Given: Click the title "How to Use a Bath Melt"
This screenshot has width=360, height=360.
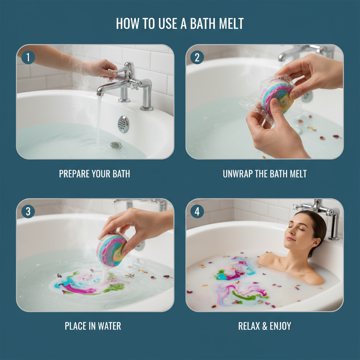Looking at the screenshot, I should (x=180, y=24).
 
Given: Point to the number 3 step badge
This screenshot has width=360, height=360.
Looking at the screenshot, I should (x=28, y=212).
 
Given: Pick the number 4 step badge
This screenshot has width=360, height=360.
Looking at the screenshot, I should (x=197, y=212).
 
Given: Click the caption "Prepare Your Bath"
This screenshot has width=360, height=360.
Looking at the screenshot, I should (x=95, y=174).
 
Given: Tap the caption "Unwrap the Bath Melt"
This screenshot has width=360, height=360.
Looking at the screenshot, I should (x=264, y=174).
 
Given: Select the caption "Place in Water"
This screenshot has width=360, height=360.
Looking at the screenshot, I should (x=93, y=326).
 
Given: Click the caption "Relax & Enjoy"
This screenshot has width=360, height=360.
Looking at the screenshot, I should (x=264, y=326).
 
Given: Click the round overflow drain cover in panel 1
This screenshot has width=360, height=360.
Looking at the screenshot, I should (x=123, y=124).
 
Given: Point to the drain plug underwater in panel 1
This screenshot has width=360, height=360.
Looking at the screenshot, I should (x=115, y=145).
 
